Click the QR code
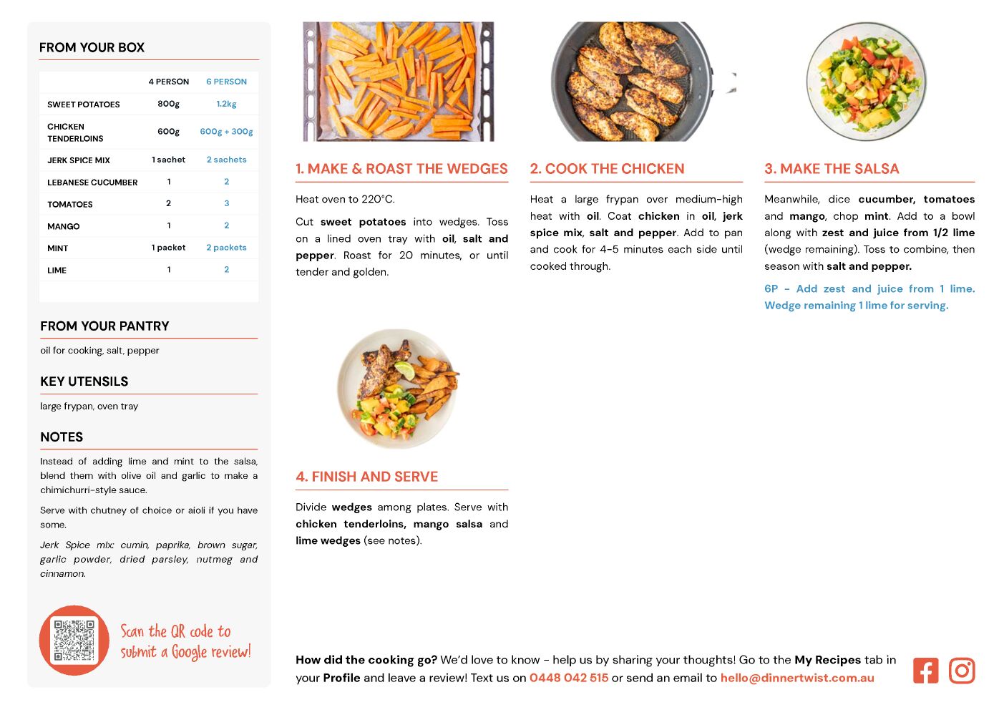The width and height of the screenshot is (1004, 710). pos(74,641)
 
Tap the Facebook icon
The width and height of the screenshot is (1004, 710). pos(925,671)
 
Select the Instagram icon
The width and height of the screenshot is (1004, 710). pos(962,671)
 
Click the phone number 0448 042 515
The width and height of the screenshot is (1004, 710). pos(568,678)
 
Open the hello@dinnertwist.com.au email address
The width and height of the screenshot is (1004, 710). pos(796,678)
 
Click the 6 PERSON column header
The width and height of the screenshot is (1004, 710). pos(226,82)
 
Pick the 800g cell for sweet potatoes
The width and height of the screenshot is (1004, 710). pos(168,104)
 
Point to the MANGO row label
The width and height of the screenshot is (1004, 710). pos(64,226)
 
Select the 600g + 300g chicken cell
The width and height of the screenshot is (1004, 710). pos(226,132)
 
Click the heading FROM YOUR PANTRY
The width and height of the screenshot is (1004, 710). pos(104,326)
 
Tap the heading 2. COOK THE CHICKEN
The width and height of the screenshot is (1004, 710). pos(607,169)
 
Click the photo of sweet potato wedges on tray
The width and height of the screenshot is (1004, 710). pos(399,81)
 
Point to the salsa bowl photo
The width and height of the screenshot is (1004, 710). pos(866,81)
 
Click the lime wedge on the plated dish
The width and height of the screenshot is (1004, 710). pos(405,370)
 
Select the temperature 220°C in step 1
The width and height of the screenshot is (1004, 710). pos(378,199)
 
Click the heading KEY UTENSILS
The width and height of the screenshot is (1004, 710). pos(84,381)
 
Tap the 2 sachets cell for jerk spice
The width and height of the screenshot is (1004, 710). pos(226,160)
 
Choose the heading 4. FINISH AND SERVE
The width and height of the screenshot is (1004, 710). pos(366,477)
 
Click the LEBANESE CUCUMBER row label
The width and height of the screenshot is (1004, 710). pos(92,183)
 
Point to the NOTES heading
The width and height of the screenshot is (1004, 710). pos(62,437)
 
